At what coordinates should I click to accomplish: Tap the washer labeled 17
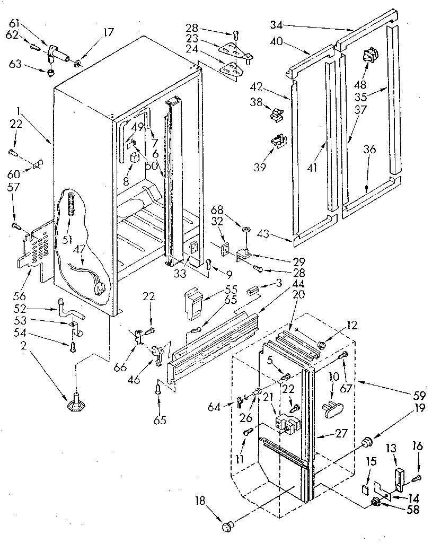click(78, 63)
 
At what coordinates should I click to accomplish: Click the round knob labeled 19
click(365, 443)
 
